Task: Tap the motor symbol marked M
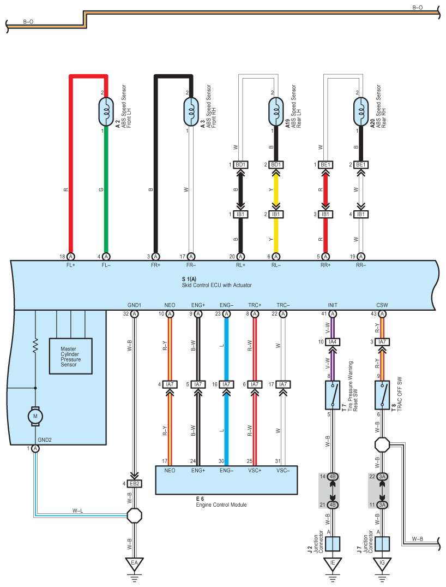35,417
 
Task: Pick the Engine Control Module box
227,479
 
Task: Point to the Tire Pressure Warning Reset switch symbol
333,395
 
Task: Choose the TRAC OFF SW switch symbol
382,395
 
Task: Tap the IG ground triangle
382,562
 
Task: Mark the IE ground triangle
333,562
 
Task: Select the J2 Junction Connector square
333,544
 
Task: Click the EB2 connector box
134,483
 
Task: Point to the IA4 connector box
333,342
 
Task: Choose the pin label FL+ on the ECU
70,264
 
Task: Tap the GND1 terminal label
134,305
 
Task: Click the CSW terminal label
382,305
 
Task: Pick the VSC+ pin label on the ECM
254,470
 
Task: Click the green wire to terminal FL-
106,191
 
